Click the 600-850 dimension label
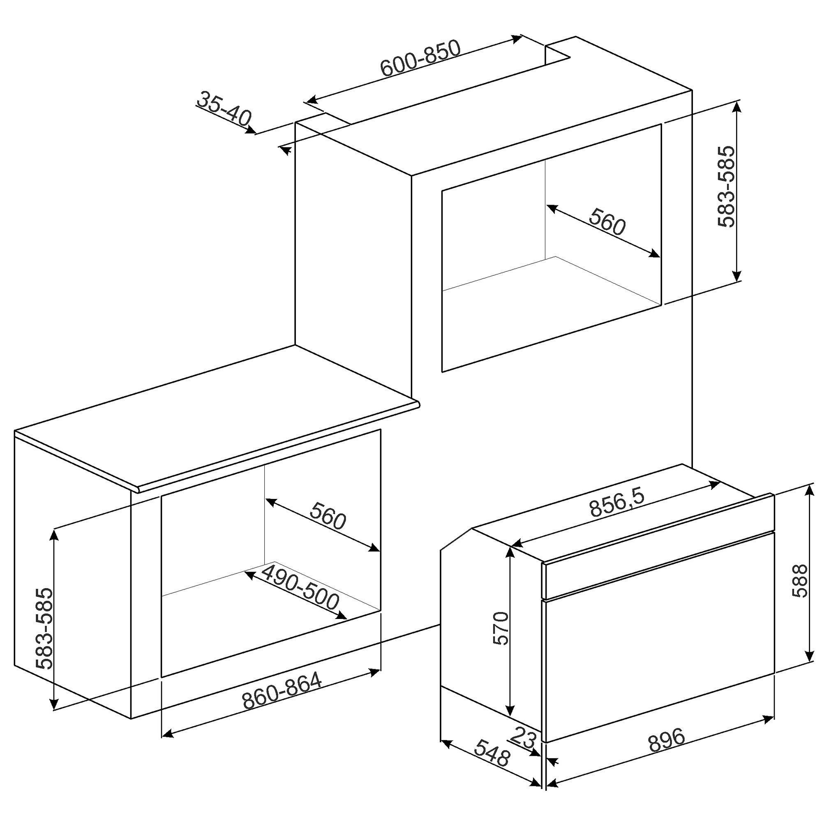420,58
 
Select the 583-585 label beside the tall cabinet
725,187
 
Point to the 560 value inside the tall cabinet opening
607,221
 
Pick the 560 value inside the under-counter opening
328,515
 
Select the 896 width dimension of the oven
667,739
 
